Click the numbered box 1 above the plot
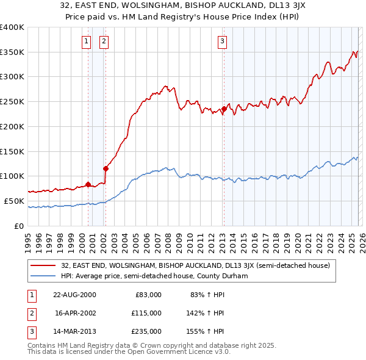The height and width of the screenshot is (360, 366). click(86, 41)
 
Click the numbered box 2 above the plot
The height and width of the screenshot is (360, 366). click(104, 41)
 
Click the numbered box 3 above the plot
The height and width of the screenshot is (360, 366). click(222, 41)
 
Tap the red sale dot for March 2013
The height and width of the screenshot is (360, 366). click(224, 109)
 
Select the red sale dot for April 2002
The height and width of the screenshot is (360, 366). click(106, 168)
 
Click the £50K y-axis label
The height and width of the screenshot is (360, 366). click(15, 201)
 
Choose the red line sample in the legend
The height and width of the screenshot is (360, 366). click(44, 265)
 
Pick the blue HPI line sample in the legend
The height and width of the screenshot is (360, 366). click(44, 276)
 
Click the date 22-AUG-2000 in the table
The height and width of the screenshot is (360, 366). click(74, 295)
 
